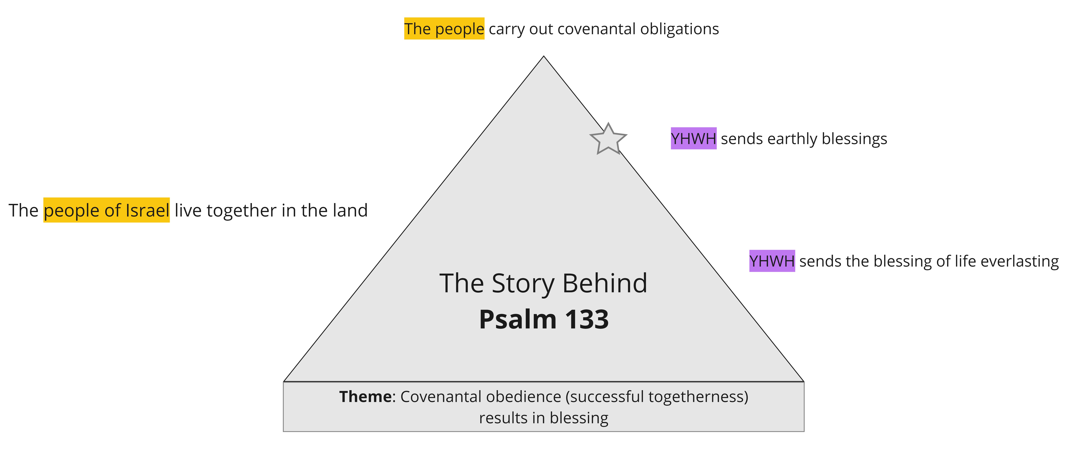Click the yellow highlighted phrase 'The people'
point(444,29)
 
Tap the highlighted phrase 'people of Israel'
point(107,210)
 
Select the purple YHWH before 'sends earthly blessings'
point(693,138)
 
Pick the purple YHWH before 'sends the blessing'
point(772,261)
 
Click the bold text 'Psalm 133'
point(543,319)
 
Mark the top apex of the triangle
point(543,57)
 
